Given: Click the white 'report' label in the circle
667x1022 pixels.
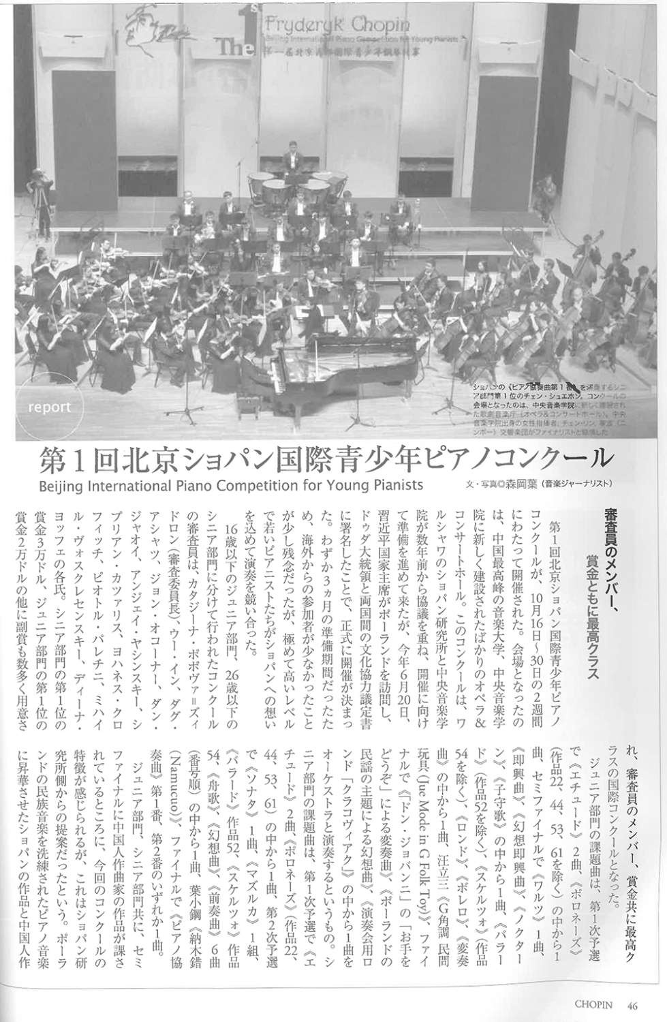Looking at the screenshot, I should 50,407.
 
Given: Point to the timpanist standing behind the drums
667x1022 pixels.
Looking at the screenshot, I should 292,157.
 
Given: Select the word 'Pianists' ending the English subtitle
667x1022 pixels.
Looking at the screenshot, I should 393,485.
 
